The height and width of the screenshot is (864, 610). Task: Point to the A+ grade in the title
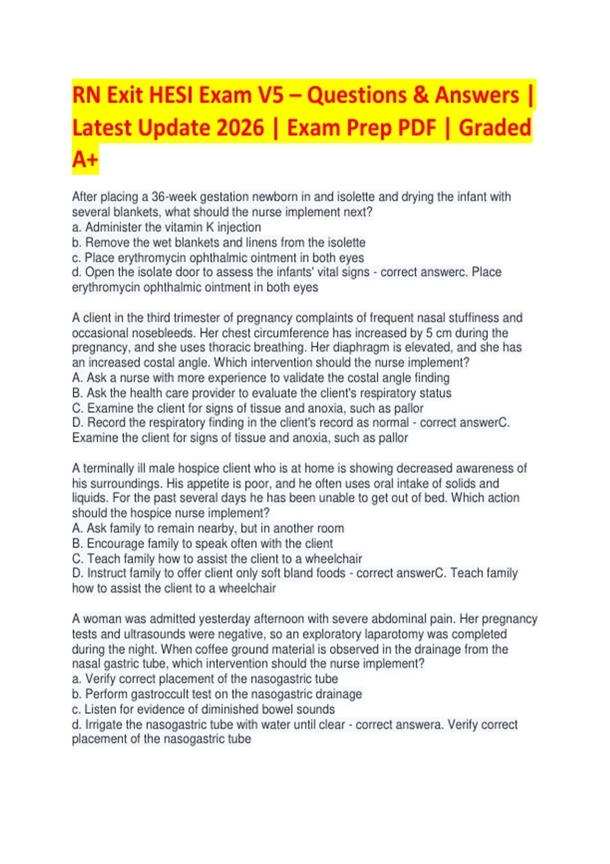coord(84,159)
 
